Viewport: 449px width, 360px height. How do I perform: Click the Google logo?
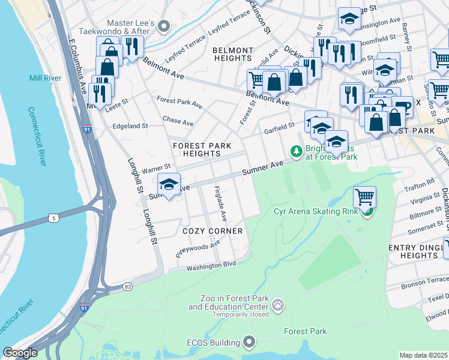20,353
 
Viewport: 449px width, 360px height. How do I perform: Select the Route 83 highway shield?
128,287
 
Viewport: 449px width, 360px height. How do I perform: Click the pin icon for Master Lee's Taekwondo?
166,26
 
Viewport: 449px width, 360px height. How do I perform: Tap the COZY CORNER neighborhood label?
212,231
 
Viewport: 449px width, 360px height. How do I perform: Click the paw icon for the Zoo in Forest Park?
277,307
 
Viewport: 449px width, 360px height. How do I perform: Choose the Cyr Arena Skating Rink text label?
315,211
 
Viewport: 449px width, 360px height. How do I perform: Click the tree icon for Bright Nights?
296,152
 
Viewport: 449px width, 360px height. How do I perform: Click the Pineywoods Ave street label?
198,247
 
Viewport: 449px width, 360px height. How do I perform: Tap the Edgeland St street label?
130,126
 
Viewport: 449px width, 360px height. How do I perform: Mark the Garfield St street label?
279,128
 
